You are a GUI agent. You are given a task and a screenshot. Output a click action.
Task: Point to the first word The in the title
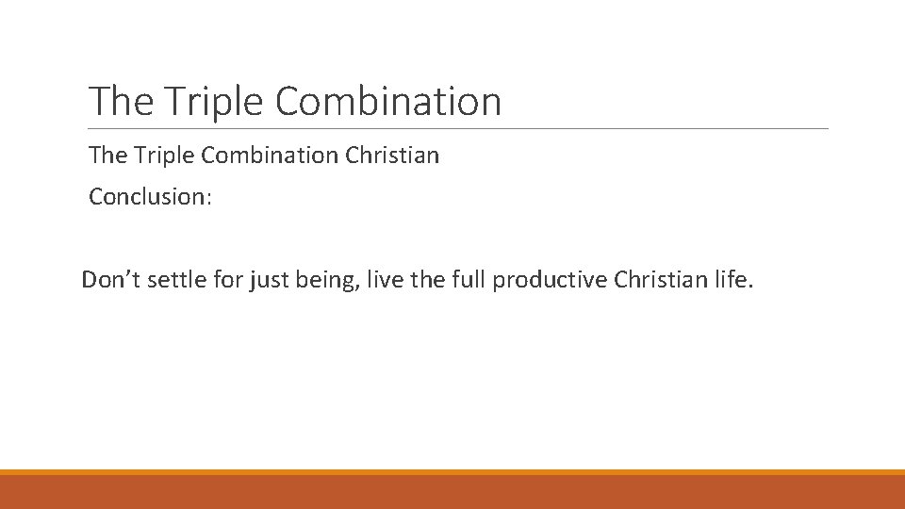(x=114, y=101)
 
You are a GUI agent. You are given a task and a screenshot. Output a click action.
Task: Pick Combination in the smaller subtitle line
(x=267, y=156)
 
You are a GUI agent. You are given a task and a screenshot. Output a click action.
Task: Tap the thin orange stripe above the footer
(x=452, y=472)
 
